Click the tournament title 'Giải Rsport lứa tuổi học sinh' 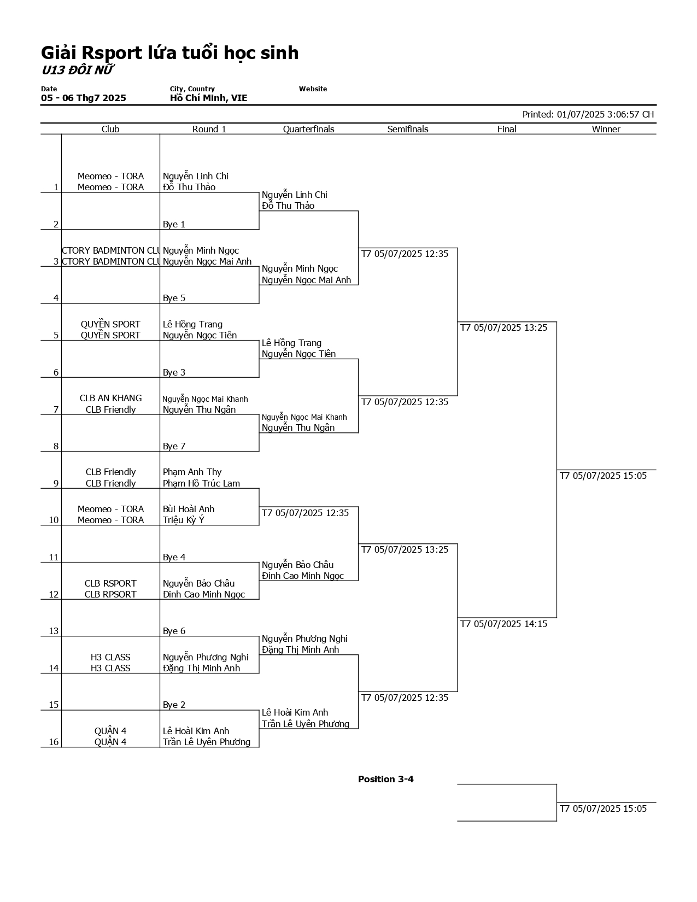[x=169, y=53]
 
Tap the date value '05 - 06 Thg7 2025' [x=83, y=98]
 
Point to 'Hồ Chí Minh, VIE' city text [x=208, y=98]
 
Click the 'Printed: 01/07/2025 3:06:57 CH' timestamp [x=588, y=114]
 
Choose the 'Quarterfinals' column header [x=308, y=129]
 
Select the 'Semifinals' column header [x=407, y=129]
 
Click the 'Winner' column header [x=606, y=129]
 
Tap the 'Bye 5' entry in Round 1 [x=174, y=298]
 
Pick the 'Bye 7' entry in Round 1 [x=174, y=446]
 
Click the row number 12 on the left [x=53, y=594]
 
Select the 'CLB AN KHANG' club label [x=110, y=398]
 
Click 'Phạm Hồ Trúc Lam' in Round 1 [x=201, y=483]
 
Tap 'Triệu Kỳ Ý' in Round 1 [x=183, y=520]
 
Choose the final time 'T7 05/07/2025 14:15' [x=503, y=624]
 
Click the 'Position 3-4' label [x=385, y=779]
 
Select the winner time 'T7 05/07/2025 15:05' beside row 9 [x=603, y=476]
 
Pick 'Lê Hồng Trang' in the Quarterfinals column [x=291, y=343]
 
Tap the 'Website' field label [x=313, y=89]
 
